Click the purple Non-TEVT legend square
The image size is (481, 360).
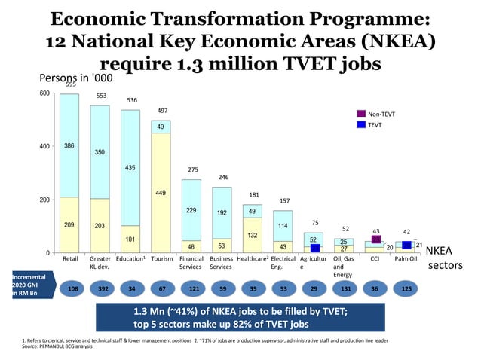click(x=361, y=114)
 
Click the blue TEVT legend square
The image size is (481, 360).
click(x=361, y=124)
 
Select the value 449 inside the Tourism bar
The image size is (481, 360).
click(x=160, y=193)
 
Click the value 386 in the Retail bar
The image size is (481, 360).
click(x=69, y=145)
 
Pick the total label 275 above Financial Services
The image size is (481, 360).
click(x=192, y=170)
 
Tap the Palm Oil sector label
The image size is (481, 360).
click(x=407, y=259)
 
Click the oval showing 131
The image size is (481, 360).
click(x=344, y=288)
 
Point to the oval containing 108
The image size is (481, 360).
click(x=72, y=288)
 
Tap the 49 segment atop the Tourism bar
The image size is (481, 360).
click(x=161, y=127)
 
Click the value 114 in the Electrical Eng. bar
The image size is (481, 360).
click(x=283, y=225)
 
